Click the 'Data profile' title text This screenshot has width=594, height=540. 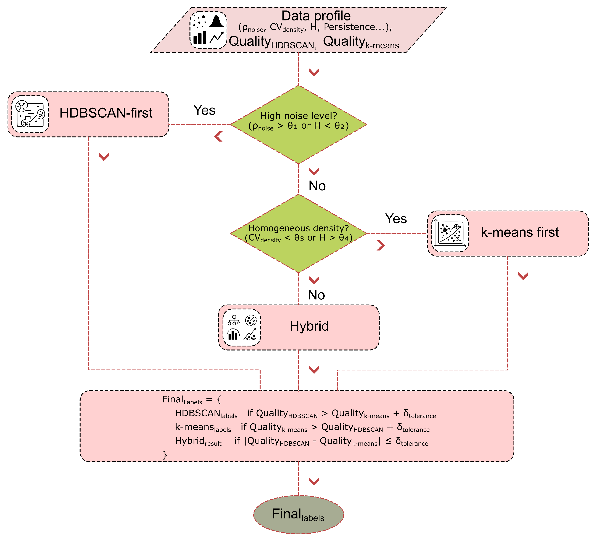316,16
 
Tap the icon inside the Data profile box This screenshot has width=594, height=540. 208,30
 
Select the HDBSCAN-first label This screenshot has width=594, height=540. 106,113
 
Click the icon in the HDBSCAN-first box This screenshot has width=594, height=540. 30,114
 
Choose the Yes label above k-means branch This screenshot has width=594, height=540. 396,218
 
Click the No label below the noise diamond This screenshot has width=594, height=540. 317,186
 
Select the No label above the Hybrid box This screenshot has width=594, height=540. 316,295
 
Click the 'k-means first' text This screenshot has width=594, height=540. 520,232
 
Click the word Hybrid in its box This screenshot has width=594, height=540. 309,326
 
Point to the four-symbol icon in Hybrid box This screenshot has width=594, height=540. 242,327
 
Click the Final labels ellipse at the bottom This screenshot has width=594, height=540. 299,515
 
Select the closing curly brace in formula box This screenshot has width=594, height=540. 165,455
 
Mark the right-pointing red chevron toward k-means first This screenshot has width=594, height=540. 381,245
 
